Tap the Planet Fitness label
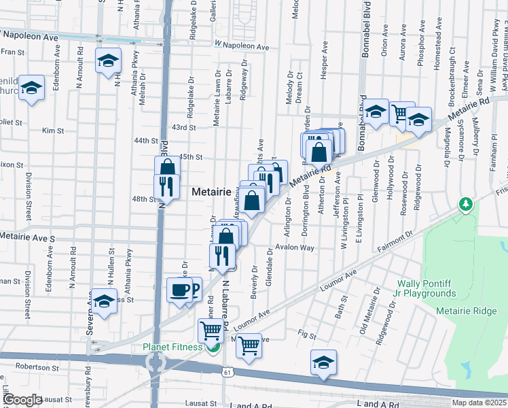(173, 347)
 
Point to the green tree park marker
(466, 204)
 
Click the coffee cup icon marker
(180, 290)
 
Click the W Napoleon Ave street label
(242, 46)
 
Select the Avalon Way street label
(299, 248)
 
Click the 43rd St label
(183, 127)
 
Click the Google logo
(22, 400)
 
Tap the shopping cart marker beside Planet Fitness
(211, 332)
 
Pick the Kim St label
(48, 130)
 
